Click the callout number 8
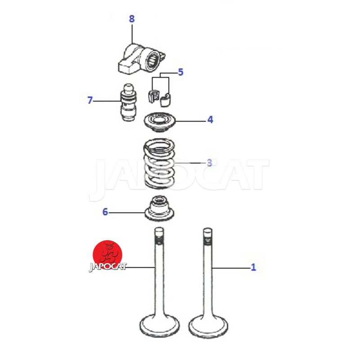coord(131,19)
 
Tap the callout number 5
coord(181,72)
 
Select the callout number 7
coord(90,100)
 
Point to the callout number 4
coord(210,120)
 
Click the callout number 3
coord(209,162)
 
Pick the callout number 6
coord(105,212)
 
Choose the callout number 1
coord(253,267)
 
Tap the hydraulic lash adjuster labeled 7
coord(128,102)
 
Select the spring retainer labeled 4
coord(159,122)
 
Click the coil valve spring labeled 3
coord(159,163)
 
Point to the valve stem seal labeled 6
coord(159,208)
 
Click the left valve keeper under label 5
coord(153,96)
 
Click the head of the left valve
coord(160,326)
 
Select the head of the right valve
coord(208,326)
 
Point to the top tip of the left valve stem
coord(159,228)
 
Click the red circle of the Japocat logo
coord(107,255)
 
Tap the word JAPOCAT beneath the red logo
coord(108,267)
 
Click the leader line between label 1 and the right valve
coord(231,268)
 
